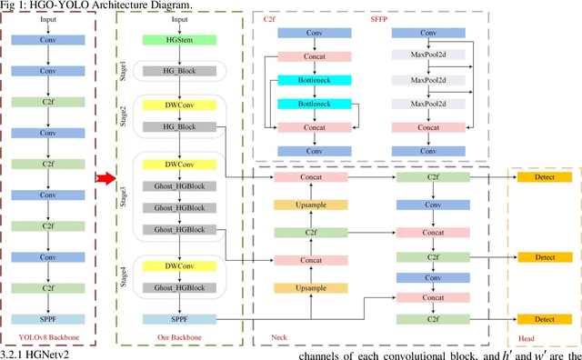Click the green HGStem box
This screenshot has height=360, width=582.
tap(179, 40)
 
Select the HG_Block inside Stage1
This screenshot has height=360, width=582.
tap(179, 70)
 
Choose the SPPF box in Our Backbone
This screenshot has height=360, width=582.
tap(179, 319)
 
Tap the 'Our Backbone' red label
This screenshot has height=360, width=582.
tap(179, 338)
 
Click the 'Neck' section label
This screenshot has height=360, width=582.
tap(280, 338)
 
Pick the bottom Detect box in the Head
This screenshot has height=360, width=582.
tap(545, 319)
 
